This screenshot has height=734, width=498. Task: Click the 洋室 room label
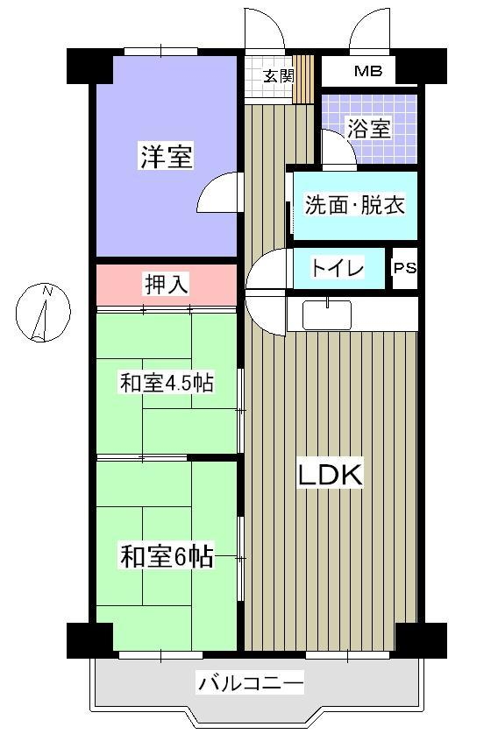[x=167, y=157]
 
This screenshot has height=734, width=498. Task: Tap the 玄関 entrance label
[x=278, y=75]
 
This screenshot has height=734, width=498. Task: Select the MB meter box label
[x=368, y=71]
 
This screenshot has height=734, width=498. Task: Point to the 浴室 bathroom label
[x=369, y=128]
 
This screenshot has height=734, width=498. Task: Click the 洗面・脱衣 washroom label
[x=354, y=204]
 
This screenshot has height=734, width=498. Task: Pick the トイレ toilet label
[x=338, y=268]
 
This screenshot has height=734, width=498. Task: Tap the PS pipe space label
[x=405, y=268]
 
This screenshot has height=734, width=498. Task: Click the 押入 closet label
[x=167, y=284]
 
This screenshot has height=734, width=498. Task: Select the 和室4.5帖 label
[x=167, y=383]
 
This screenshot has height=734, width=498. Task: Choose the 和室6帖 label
[x=167, y=556]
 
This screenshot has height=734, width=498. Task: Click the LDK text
[x=331, y=475]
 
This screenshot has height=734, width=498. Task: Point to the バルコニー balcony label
[x=251, y=683]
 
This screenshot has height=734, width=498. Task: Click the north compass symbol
[x=43, y=312]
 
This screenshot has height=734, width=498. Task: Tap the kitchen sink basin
[x=327, y=314]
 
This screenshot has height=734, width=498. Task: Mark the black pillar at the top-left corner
[x=89, y=66]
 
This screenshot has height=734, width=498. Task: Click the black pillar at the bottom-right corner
[x=422, y=641]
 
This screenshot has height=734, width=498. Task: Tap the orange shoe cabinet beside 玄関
[x=303, y=79]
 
